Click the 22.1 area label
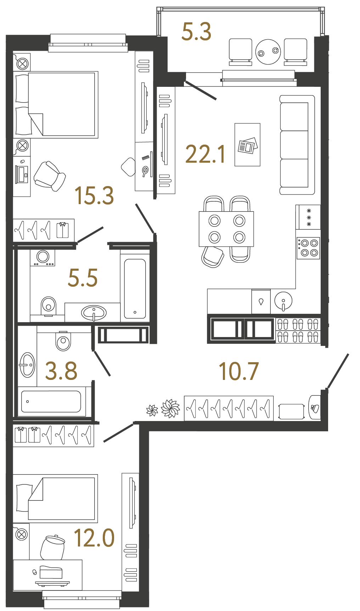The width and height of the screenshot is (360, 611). click(x=205, y=154)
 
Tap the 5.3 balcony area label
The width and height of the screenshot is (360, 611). click(x=196, y=32)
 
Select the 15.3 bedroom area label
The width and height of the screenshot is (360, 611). click(x=94, y=195)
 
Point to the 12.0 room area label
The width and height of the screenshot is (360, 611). click(x=94, y=538)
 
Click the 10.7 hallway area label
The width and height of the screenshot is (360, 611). click(x=239, y=371)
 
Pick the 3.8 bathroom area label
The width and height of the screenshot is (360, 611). click(x=61, y=371)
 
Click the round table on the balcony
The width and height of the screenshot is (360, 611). click(x=268, y=52)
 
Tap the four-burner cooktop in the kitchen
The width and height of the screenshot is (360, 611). click(x=308, y=248)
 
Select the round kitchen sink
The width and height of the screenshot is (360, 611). click(x=283, y=301)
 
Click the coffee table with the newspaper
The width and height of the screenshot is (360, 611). click(x=247, y=145)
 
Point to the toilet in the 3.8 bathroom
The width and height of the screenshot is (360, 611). click(x=63, y=341)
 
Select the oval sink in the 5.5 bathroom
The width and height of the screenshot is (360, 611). click(x=94, y=313)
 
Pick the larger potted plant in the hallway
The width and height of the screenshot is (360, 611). click(x=171, y=408)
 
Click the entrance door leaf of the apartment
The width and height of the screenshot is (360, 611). click(x=338, y=371)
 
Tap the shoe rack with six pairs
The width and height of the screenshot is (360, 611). click(x=298, y=330)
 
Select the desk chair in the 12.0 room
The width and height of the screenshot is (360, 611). click(x=53, y=547)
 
